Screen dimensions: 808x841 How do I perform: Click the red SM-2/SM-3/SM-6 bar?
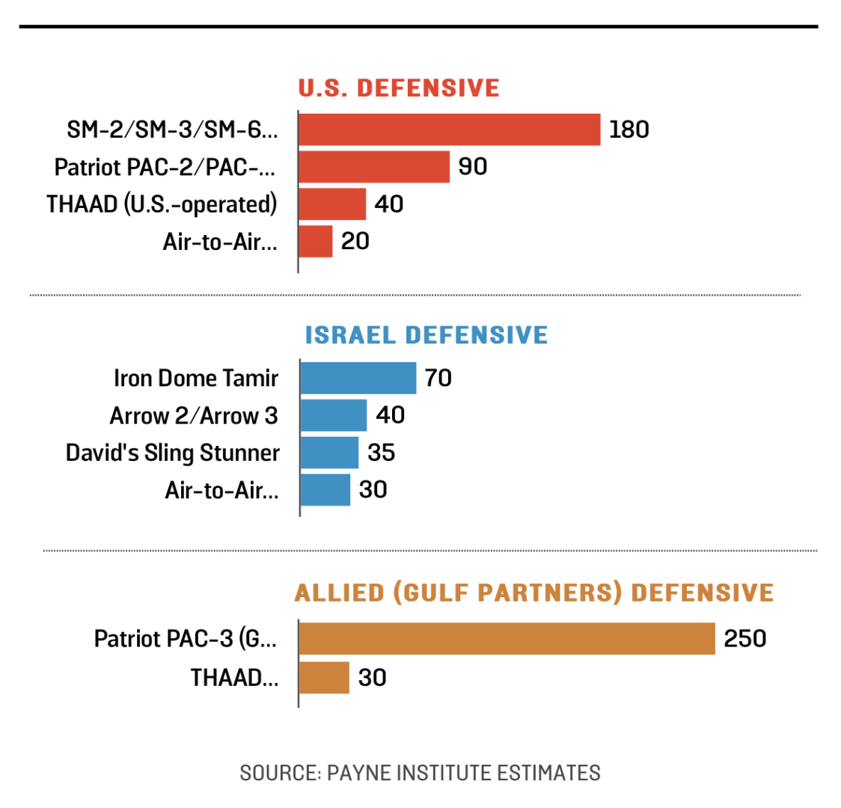pos(449,129)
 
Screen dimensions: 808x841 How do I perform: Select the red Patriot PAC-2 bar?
pos(373,167)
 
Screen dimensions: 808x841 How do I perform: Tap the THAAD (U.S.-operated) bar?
pos(332,203)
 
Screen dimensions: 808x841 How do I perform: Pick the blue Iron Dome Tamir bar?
pos(358,378)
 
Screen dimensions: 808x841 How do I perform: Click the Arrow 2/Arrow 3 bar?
pos(333,415)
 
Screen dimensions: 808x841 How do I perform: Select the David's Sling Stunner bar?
pos(329,453)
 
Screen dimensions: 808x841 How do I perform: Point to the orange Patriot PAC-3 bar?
pos(507,639)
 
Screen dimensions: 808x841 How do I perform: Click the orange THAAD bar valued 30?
pos(324,677)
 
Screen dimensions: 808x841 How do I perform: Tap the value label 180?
pos(629,129)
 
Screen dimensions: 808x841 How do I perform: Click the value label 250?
pos(744,639)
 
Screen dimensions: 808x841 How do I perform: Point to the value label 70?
pos(438,378)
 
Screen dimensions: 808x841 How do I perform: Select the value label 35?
pos(381,453)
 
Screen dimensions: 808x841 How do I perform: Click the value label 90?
pos(473,166)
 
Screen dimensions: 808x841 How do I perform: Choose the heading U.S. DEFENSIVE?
pos(399,88)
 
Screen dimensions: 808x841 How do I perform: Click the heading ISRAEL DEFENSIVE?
pos(426,334)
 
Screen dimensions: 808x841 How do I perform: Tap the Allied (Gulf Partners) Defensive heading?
pos(533,593)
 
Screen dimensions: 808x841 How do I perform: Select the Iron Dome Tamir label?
pos(195,378)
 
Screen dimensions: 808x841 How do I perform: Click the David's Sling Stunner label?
pos(172,453)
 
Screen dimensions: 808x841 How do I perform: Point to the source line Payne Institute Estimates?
pos(420,772)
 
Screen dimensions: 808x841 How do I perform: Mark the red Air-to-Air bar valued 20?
pos(315,241)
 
